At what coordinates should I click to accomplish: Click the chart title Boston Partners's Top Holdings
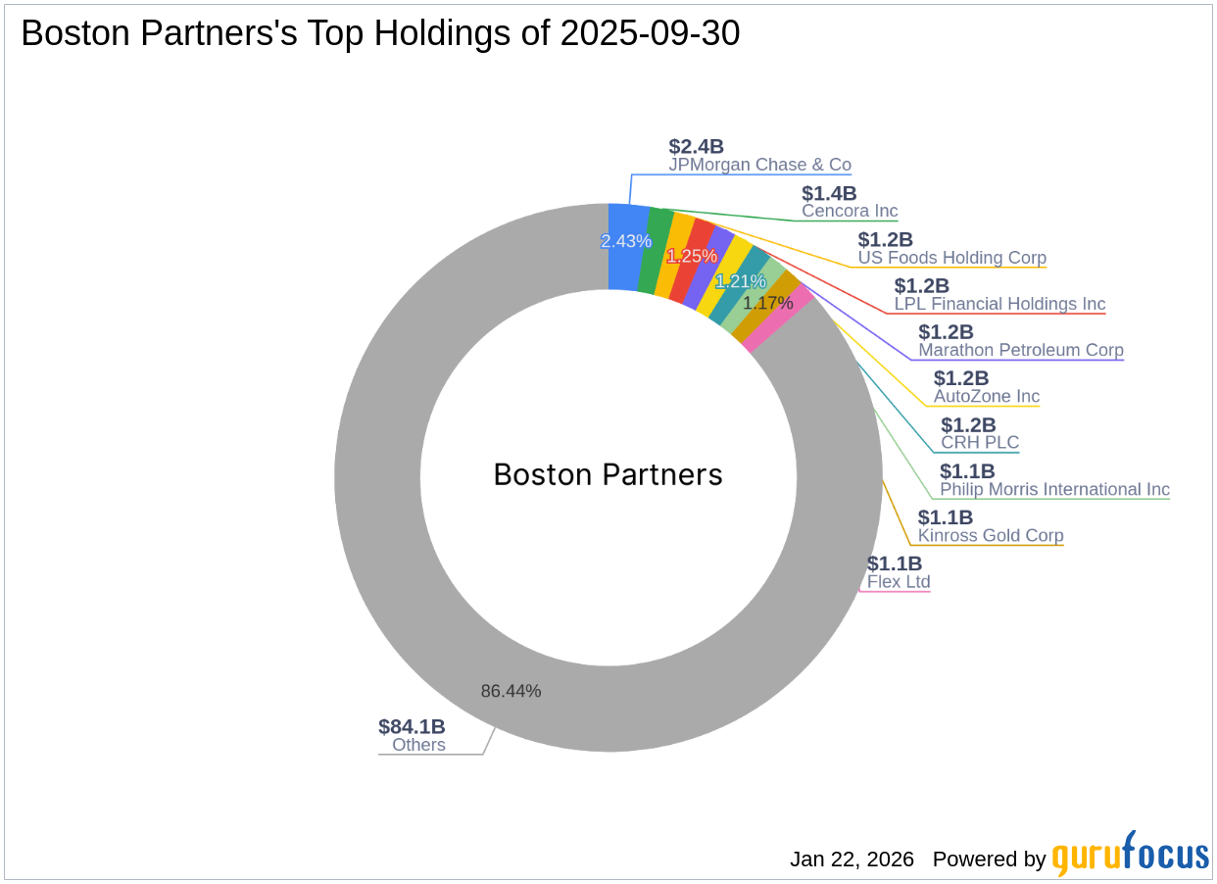(x=380, y=34)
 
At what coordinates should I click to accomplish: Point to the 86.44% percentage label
(x=511, y=691)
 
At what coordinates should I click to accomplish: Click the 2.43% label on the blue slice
(x=626, y=241)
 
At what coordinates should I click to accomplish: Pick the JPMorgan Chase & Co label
(x=759, y=165)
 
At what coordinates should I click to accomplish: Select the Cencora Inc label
(x=850, y=211)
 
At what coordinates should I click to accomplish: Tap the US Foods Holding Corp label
(x=951, y=258)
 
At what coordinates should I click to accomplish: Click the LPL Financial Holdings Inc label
(x=999, y=304)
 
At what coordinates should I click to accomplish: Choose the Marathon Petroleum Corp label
(x=1020, y=350)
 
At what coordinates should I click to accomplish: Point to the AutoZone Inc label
(x=986, y=397)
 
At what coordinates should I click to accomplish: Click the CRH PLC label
(x=980, y=443)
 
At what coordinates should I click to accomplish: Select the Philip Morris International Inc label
(x=1054, y=489)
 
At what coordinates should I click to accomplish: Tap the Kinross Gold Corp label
(x=990, y=536)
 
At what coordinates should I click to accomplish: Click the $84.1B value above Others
(x=412, y=727)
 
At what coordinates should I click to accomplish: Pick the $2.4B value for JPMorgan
(x=696, y=146)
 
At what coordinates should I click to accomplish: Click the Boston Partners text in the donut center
(x=608, y=475)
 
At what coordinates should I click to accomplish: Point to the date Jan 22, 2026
(x=852, y=859)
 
